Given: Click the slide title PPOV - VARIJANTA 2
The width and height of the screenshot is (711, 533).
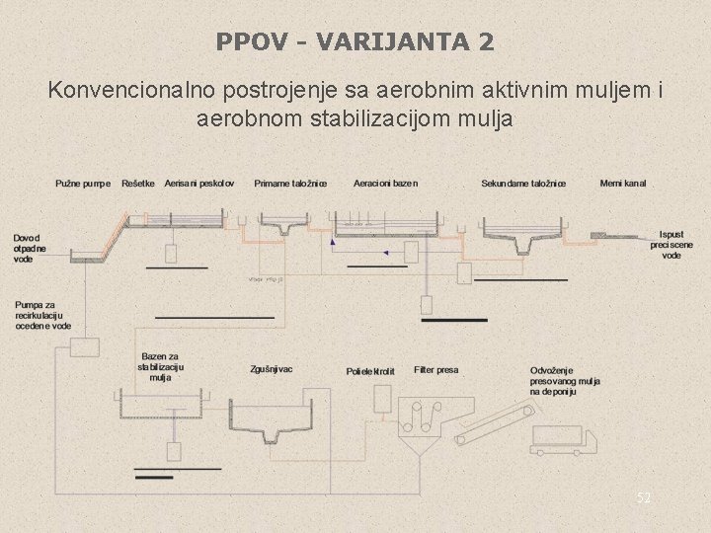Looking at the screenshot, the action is point(355,42).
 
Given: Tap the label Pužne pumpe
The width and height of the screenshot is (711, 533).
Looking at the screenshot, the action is point(82,184).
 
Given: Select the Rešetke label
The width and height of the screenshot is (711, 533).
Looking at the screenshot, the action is point(137,184).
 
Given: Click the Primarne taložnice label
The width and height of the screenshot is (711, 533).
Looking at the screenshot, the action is point(289,184).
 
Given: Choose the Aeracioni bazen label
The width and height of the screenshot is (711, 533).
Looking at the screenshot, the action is point(386,184).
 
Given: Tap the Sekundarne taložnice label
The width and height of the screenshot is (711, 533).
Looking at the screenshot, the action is point(523,184).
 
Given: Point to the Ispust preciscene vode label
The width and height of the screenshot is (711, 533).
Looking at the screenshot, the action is point(671,244).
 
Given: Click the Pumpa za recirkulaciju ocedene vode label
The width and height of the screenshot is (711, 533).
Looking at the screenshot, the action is point(42,315).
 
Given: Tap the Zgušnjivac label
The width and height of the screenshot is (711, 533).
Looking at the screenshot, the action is point(272,369).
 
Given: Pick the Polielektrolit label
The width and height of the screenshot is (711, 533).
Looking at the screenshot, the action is point(370,371).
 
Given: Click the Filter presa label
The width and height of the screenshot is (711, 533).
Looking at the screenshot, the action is point(436,369).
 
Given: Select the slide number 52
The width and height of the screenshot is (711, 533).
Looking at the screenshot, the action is point(643,495).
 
